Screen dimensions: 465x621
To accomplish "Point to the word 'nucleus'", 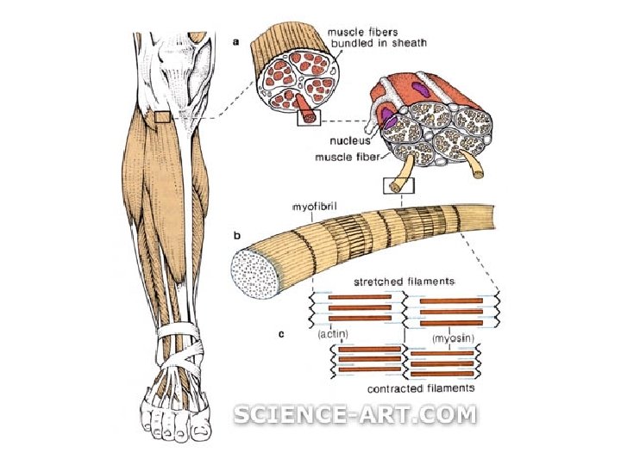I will pyautogui.click(x=349, y=139).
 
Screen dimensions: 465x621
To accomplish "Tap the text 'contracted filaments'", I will pyautogui.click(x=420, y=389).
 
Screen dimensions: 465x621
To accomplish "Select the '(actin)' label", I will pyautogui.click(x=332, y=333).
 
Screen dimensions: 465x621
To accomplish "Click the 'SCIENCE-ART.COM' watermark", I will pyautogui.click(x=354, y=415).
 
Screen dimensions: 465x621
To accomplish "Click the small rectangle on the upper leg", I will pyautogui.click(x=164, y=116).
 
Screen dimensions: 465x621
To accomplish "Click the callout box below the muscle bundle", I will pyautogui.click(x=308, y=118).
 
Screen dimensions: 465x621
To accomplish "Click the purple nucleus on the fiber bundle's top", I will pyautogui.click(x=420, y=87).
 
